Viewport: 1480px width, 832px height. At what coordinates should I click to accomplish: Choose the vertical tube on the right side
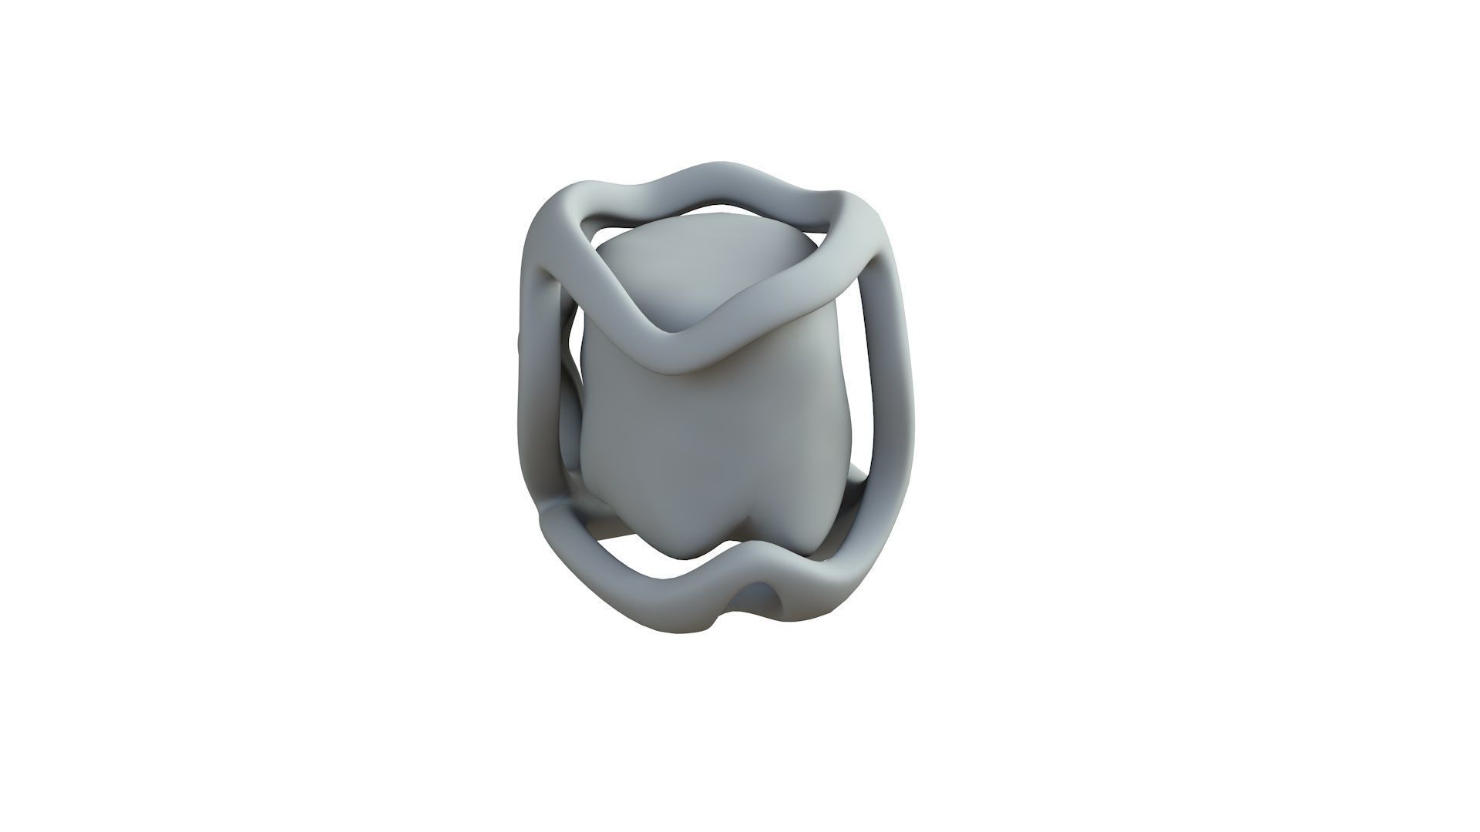pyautogui.click(x=894, y=401)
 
